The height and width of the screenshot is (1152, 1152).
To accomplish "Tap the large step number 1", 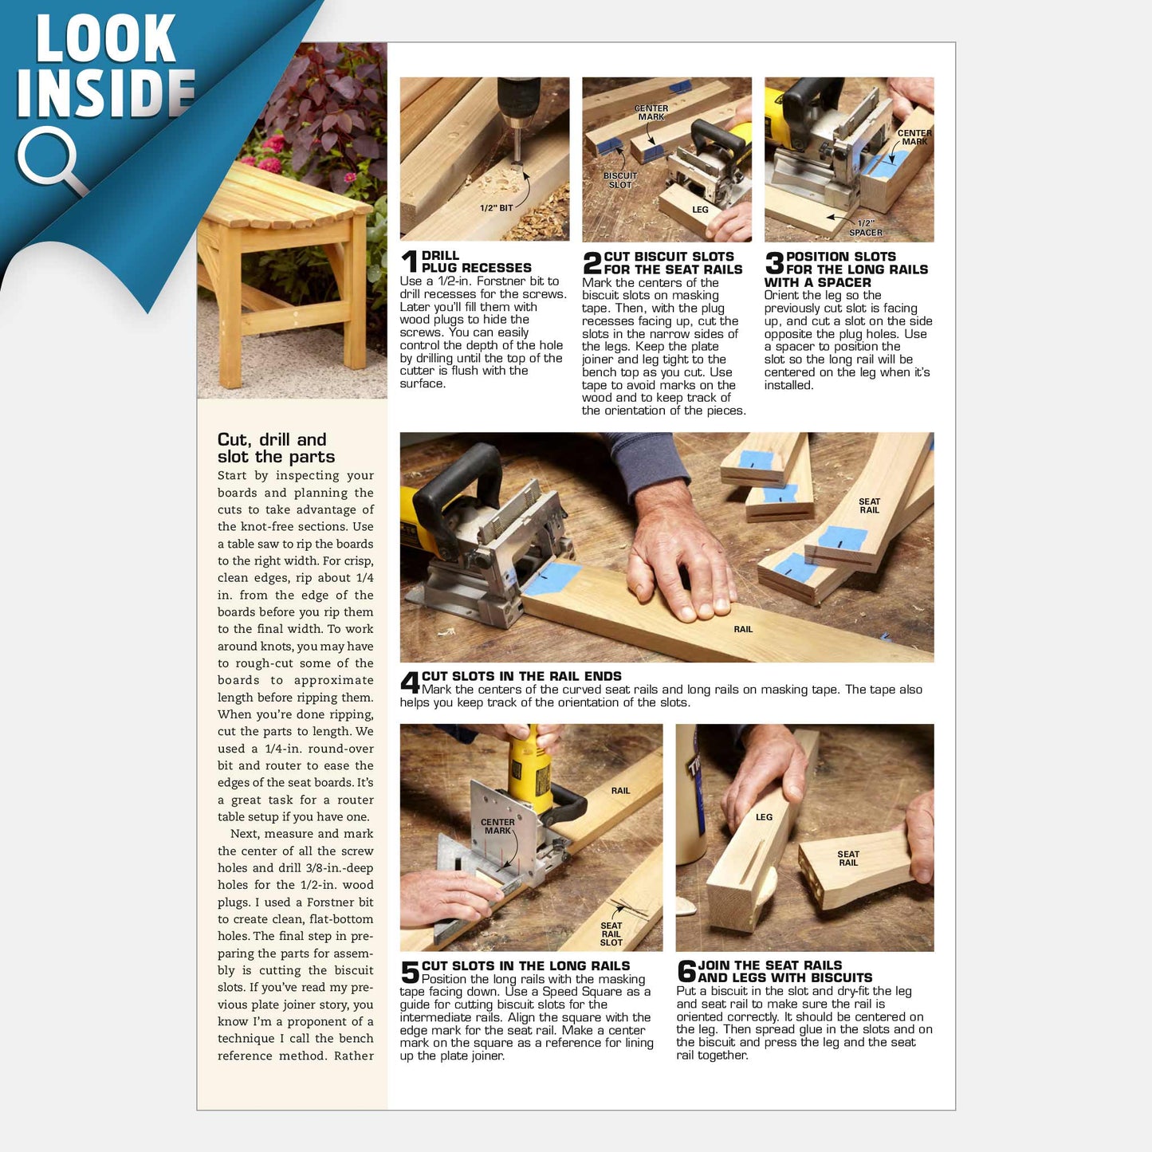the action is (x=410, y=261).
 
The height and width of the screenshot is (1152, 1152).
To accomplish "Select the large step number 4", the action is (x=410, y=682).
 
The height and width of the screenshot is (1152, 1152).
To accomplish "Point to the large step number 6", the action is (x=686, y=971).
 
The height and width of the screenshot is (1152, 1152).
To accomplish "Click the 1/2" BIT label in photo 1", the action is (x=496, y=208).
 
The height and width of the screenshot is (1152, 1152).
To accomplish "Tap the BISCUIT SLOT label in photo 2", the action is (x=620, y=180).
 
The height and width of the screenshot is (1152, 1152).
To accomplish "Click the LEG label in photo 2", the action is (x=700, y=210).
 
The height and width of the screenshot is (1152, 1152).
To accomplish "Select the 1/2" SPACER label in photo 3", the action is (x=866, y=228).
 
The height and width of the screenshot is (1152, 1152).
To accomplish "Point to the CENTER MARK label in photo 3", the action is (x=914, y=137).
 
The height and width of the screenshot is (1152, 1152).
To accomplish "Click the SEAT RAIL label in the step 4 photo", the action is (x=869, y=505).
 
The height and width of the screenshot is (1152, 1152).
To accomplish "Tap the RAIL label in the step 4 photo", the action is (x=743, y=629).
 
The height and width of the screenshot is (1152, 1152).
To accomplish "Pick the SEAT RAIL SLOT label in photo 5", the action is (x=611, y=934).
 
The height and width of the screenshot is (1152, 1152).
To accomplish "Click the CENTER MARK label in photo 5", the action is (x=497, y=826).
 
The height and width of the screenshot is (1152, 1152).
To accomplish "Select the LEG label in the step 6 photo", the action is (x=764, y=816).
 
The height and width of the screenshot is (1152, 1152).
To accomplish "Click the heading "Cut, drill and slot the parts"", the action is (x=276, y=448).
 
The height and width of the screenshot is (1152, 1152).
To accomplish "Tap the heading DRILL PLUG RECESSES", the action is (x=476, y=261).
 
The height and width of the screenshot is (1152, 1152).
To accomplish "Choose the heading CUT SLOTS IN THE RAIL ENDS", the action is (x=521, y=676).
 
